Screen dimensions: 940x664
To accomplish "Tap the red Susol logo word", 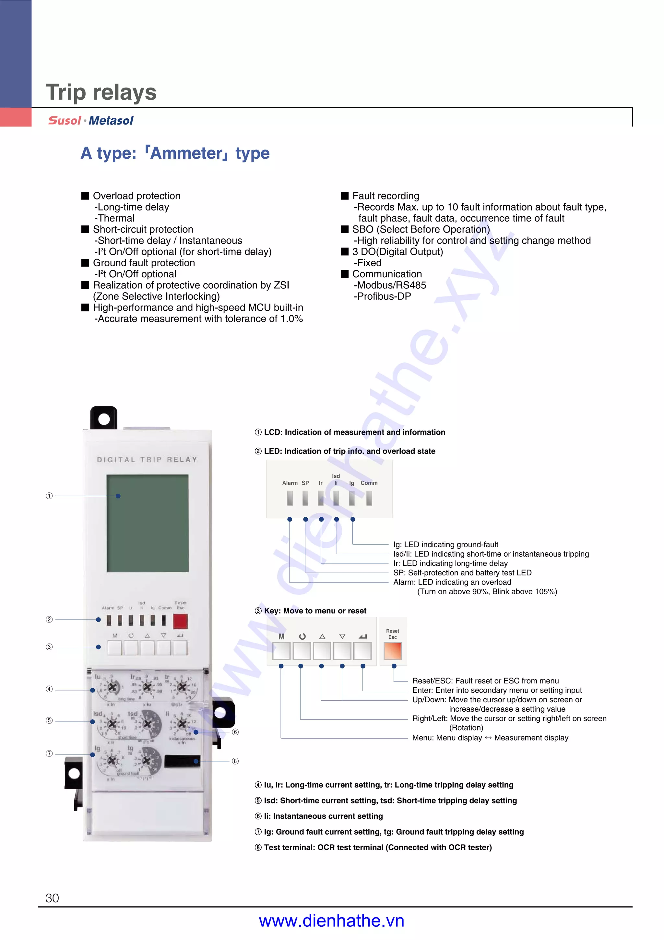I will coord(65,121).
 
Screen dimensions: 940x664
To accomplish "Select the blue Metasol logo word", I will coord(111,121).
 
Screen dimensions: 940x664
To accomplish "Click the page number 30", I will coord(52,898).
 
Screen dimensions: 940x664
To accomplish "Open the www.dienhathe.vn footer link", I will coord(331,921).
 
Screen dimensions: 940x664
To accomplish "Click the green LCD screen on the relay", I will coord(147,523).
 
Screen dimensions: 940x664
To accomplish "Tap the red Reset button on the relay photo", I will coord(180,621).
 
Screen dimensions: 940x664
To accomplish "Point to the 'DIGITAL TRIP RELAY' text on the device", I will coord(147,460).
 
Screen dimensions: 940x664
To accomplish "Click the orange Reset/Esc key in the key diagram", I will coord(392,651).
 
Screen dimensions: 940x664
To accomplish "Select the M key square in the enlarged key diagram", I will coord(281,651).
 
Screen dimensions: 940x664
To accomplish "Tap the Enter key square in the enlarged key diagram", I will coord(362,651).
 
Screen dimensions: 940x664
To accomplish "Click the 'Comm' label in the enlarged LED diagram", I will coord(369,483).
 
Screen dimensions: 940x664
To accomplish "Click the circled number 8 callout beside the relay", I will coord(235,761).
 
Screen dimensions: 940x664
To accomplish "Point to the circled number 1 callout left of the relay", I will coord(49,496).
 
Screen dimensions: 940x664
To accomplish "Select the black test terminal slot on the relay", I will coord(182,761).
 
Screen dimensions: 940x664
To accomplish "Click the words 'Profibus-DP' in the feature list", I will coord(382,296).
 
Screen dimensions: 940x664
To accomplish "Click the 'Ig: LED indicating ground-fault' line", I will coord(445,545).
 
